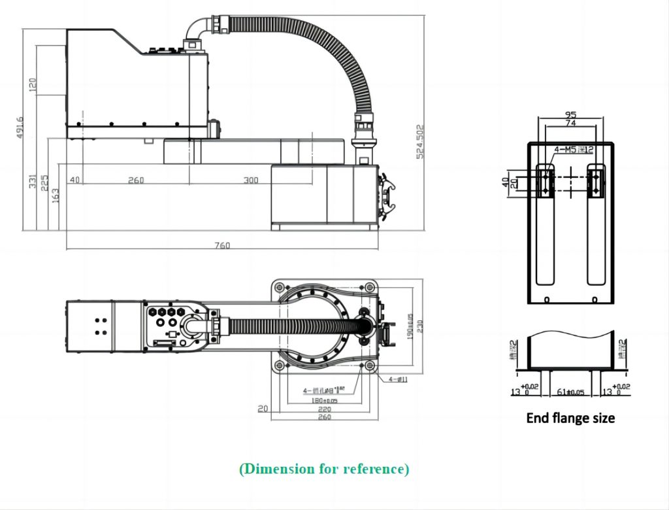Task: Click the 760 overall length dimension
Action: coord(222,246)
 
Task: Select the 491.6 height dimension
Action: coord(20,127)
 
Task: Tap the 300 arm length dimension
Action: coord(251,180)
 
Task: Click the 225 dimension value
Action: coord(44,182)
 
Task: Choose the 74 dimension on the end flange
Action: coord(570,123)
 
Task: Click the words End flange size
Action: coord(570,417)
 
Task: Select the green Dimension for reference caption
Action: coord(324,469)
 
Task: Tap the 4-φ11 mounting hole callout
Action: coord(399,379)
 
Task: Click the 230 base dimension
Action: coord(420,325)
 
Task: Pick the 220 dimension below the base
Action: coord(324,409)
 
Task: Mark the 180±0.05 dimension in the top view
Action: coord(324,399)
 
